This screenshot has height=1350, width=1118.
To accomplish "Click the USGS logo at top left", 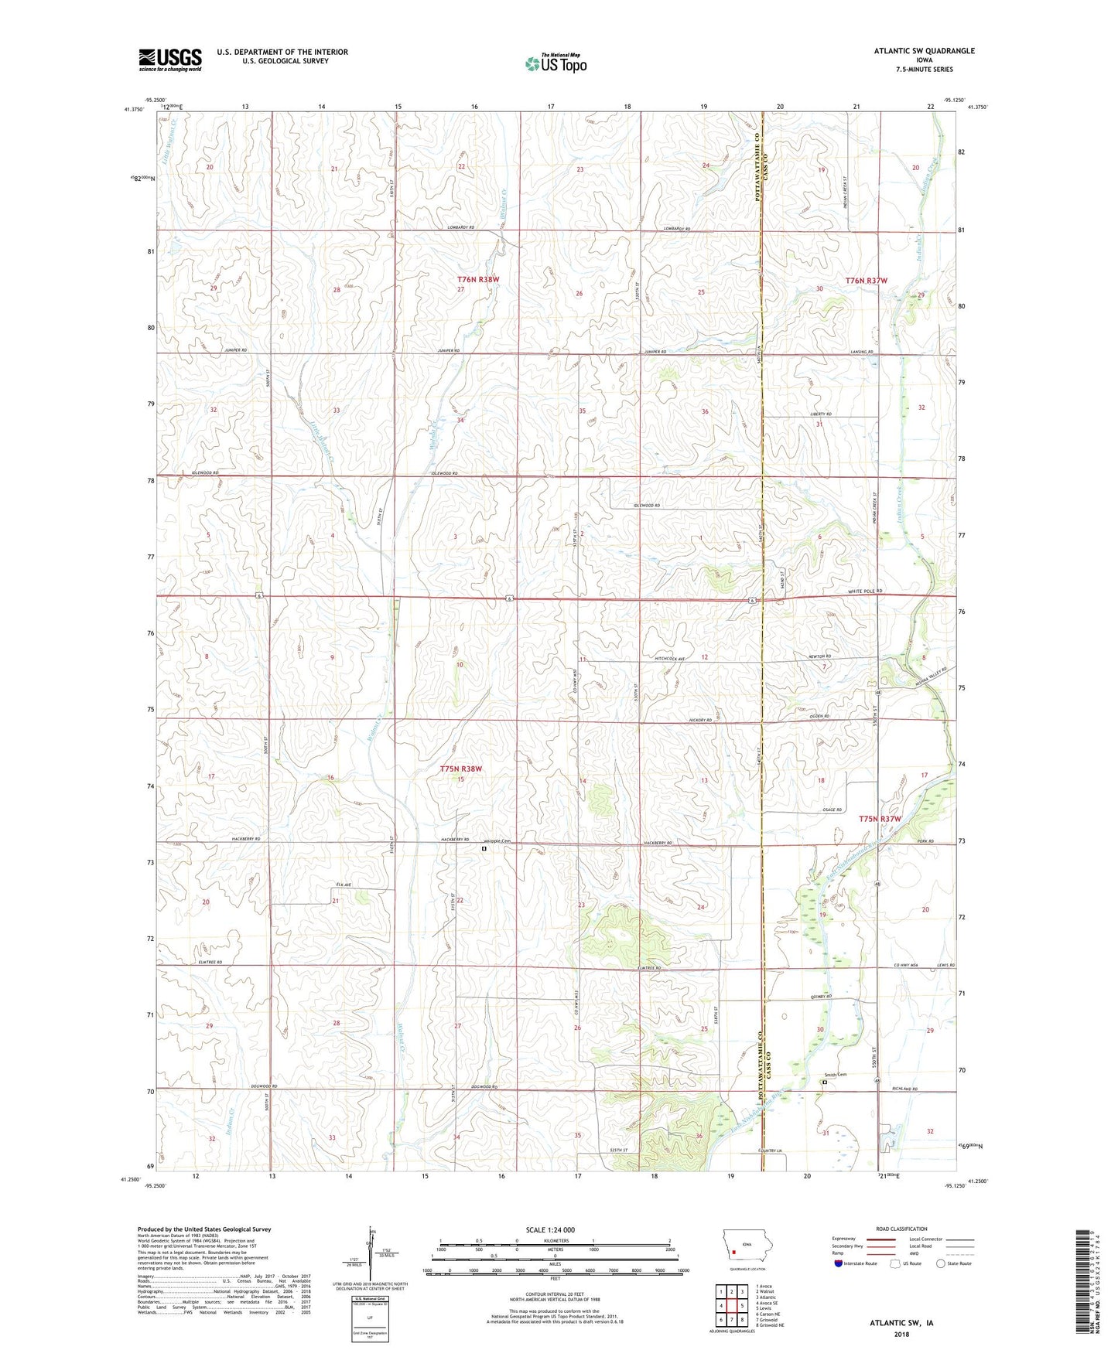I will tap(170, 60).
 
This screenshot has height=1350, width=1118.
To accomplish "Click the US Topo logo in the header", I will tap(555, 63).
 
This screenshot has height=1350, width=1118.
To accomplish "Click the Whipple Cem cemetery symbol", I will tap(484, 848).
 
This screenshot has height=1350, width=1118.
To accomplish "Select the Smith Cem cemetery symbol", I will tap(824, 1082).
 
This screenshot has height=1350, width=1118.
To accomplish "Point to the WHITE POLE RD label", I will tap(863, 591).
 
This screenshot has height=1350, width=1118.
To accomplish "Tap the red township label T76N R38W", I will tap(477, 279).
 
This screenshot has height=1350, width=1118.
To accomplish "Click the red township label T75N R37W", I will tap(880, 818).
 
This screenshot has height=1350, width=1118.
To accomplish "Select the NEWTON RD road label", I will tap(818, 656).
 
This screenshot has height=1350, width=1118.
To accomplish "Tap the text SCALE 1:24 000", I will tap(550, 1229).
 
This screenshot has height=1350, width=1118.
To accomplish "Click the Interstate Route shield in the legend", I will tap(839, 1263).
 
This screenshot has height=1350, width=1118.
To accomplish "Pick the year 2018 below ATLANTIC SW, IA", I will tap(901, 1334).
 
